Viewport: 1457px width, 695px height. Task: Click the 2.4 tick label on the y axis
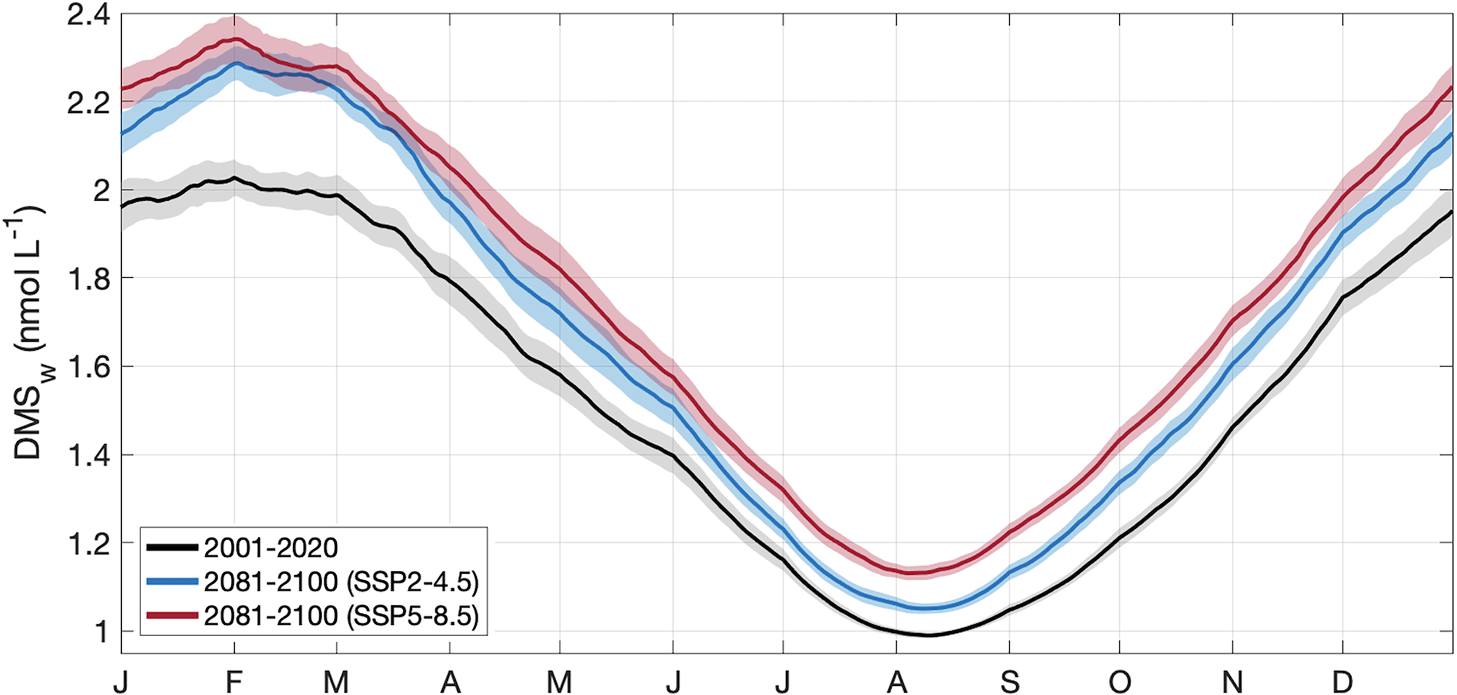click(88, 15)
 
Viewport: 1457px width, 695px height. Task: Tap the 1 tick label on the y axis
click(101, 632)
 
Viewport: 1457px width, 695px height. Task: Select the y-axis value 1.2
click(88, 544)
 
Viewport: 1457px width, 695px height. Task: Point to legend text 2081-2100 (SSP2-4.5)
click(341, 582)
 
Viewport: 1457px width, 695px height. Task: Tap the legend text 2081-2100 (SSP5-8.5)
click(341, 616)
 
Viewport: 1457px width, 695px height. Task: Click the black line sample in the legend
click(173, 547)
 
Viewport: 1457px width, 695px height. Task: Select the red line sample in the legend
click(173, 616)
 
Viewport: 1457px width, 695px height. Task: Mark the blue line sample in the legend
click(173, 581)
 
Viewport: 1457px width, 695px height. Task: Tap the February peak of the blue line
click(235, 63)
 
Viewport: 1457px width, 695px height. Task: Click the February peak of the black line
click(234, 177)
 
